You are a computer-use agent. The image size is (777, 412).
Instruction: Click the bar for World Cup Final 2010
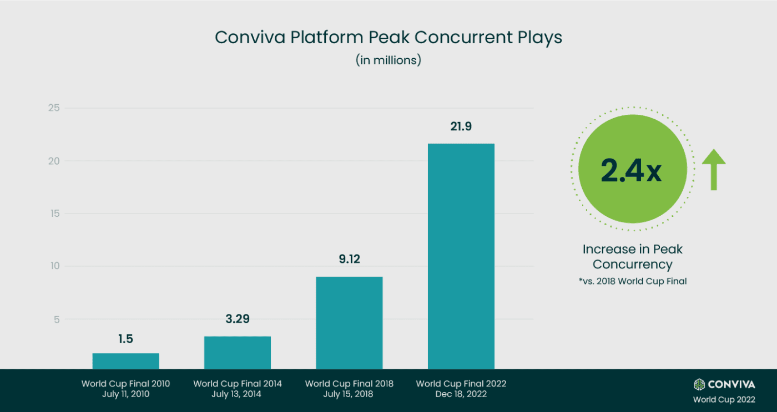click(125, 361)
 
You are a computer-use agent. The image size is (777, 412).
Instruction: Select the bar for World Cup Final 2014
click(238, 353)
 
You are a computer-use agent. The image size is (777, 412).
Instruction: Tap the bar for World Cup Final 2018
click(349, 323)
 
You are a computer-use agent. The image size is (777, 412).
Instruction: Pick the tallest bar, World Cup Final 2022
click(461, 256)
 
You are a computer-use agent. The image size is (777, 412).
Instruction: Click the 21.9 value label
click(461, 127)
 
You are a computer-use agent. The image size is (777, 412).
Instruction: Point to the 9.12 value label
click(349, 259)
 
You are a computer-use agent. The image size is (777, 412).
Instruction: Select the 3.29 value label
click(238, 319)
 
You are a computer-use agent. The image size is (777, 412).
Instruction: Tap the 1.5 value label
click(125, 339)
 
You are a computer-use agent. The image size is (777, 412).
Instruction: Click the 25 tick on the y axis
click(53, 108)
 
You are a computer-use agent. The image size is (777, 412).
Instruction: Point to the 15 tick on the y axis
click(53, 213)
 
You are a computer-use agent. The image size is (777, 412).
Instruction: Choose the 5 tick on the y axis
click(56, 319)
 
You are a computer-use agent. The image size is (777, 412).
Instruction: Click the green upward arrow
click(714, 169)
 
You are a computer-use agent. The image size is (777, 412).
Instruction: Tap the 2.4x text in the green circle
click(631, 170)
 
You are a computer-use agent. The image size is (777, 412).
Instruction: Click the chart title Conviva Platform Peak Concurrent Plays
click(389, 37)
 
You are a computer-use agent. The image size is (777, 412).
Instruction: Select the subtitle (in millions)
click(389, 60)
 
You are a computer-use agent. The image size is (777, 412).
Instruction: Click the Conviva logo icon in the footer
click(699, 384)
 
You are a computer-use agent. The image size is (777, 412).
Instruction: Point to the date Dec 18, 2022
click(461, 394)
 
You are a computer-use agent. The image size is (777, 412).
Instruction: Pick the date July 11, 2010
click(125, 394)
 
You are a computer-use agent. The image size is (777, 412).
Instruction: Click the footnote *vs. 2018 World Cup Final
click(632, 281)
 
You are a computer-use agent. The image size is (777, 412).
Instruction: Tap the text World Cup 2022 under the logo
click(724, 399)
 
